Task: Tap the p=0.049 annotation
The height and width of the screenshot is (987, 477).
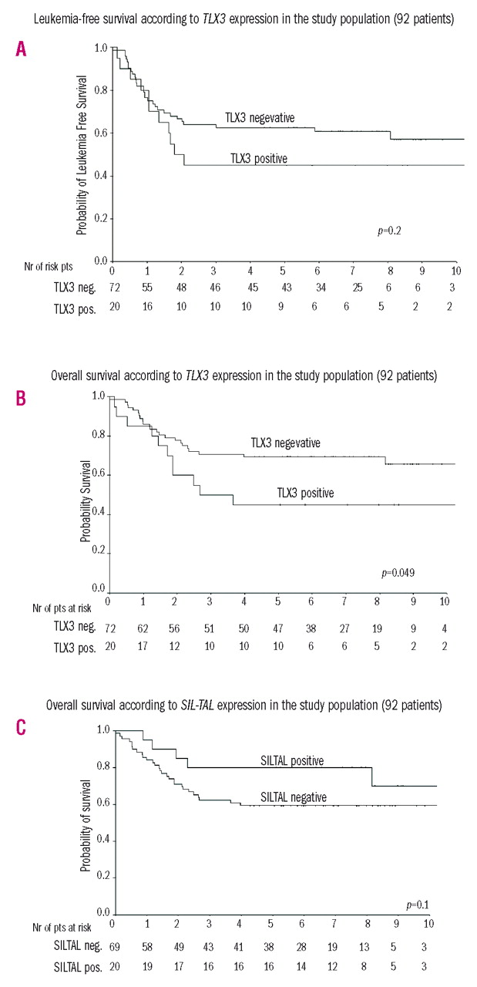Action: pyautogui.click(x=398, y=574)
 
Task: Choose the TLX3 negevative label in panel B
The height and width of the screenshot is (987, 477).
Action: pyautogui.click(x=285, y=443)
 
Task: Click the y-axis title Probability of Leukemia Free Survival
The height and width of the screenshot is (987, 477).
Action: pyautogui.click(x=81, y=144)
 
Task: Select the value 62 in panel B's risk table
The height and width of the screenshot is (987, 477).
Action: pyautogui.click(x=141, y=629)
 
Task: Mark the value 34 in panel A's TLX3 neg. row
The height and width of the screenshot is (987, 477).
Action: pyautogui.click(x=318, y=287)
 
